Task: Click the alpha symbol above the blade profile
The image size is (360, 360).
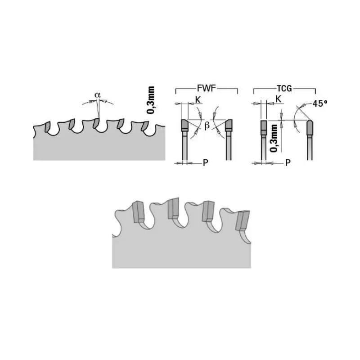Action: tap(98, 94)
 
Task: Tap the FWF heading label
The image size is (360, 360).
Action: tap(207, 88)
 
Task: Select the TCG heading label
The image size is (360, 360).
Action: tap(284, 88)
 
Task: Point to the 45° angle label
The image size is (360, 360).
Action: tap(319, 103)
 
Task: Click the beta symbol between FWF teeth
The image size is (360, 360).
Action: tap(207, 126)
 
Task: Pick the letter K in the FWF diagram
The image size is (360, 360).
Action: tap(198, 100)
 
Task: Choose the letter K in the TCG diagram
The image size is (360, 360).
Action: tap(278, 99)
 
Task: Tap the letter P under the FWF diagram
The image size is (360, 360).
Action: tap(206, 163)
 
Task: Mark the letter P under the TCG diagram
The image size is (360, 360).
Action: tap(288, 163)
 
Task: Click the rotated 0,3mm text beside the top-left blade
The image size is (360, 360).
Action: tap(151, 100)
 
